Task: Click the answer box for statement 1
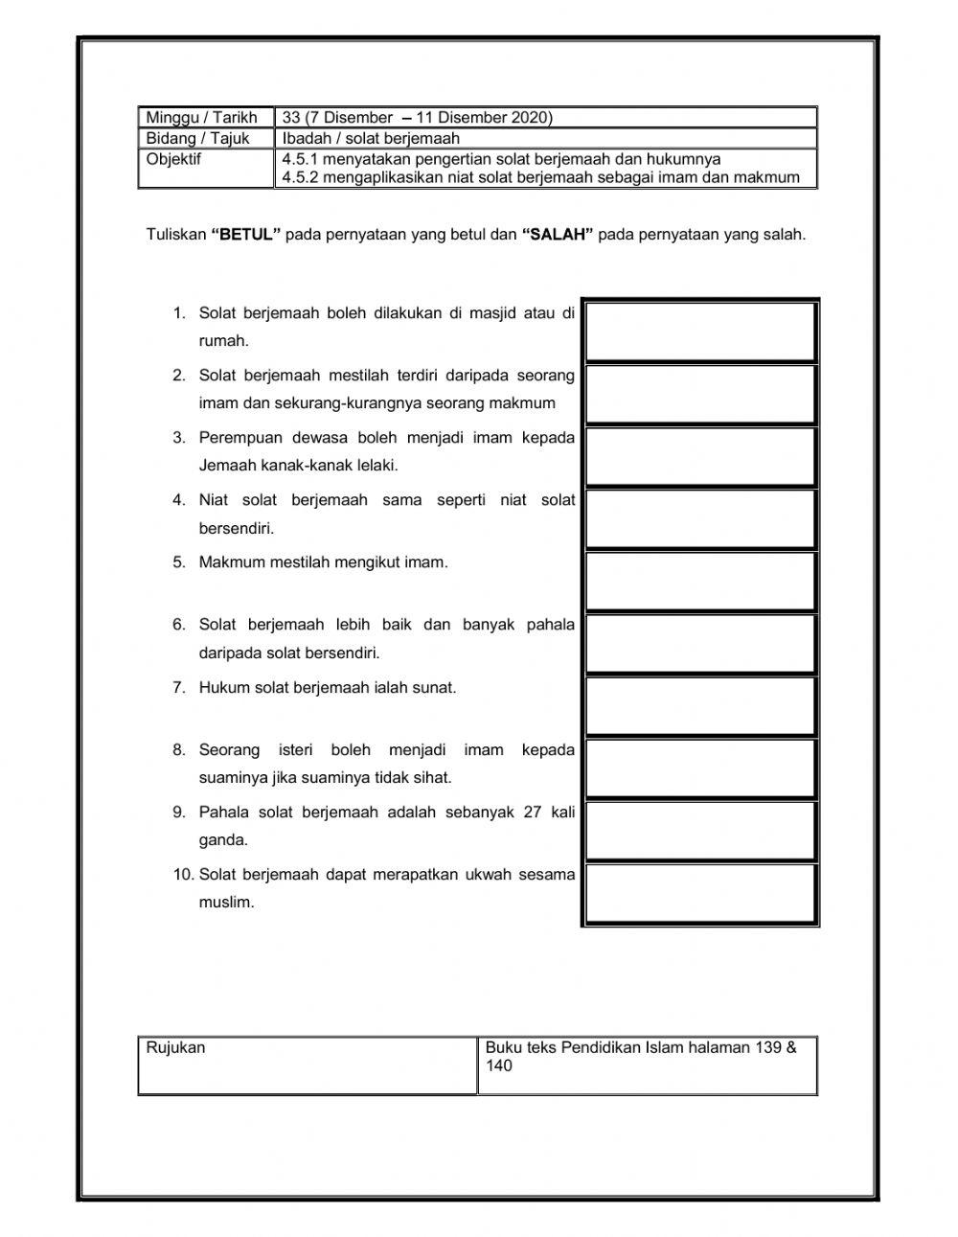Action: pos(700,332)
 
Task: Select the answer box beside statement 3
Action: pos(700,456)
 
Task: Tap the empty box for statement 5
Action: pos(700,581)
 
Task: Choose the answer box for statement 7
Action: pos(700,706)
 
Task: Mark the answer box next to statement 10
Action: pos(700,893)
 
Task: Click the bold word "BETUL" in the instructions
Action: pos(245,234)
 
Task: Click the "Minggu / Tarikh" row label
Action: pos(202,118)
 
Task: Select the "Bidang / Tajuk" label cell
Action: pos(197,138)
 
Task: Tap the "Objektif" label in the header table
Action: pos(173,159)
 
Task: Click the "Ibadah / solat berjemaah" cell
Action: pos(371,138)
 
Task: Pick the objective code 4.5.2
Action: pos(301,177)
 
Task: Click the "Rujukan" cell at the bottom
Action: pos(176,1047)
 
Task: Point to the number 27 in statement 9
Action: pos(533,812)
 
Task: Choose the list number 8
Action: pos(179,749)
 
